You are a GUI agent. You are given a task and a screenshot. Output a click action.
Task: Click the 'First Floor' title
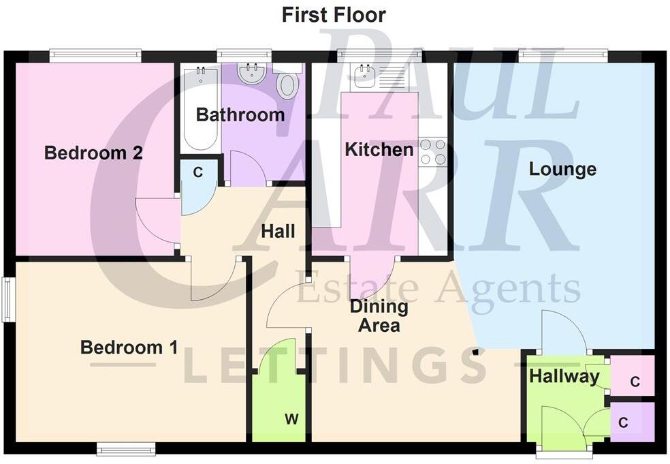[x=334, y=15]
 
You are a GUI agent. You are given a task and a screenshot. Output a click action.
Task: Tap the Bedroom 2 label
[x=93, y=153]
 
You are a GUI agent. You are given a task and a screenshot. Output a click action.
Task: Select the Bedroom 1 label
[x=129, y=347]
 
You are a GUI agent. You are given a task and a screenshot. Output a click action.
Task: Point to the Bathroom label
[x=240, y=114]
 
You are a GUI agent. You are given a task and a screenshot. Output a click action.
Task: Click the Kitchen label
[x=379, y=149]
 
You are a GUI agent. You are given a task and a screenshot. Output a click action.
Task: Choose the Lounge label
[x=562, y=169]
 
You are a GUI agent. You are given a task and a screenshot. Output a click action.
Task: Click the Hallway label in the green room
[x=564, y=375]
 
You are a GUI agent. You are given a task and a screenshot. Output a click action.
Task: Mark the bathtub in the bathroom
[x=200, y=109]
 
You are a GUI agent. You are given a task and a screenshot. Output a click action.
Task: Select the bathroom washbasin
[x=252, y=74]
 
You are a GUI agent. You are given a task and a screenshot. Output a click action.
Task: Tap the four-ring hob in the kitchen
[x=432, y=152]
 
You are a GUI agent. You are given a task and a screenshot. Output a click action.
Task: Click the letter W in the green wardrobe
[x=291, y=419]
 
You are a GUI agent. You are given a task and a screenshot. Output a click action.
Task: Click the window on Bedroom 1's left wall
[x=7, y=298]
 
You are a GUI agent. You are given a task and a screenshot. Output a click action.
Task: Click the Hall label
[x=278, y=232]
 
